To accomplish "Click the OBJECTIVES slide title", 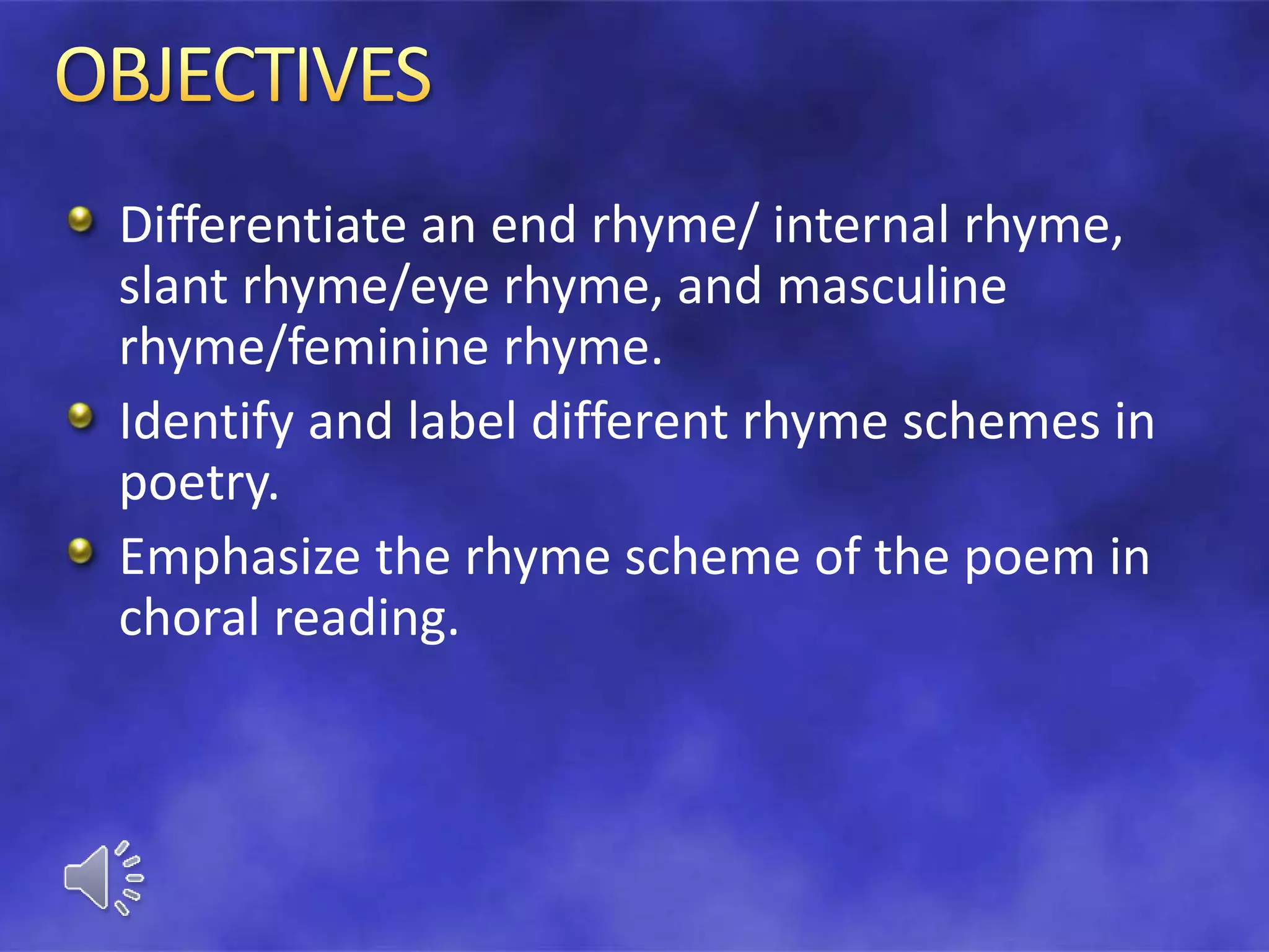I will click(x=243, y=76).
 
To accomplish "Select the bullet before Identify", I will click(x=80, y=416).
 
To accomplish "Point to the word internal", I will click(x=861, y=225).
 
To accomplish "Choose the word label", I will click(x=462, y=421).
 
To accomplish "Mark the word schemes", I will click(x=1000, y=421).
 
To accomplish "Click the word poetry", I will click(x=199, y=485).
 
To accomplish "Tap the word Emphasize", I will click(x=239, y=558).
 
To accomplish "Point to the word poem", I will click(x=1029, y=558).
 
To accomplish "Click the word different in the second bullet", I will click(x=629, y=421).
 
